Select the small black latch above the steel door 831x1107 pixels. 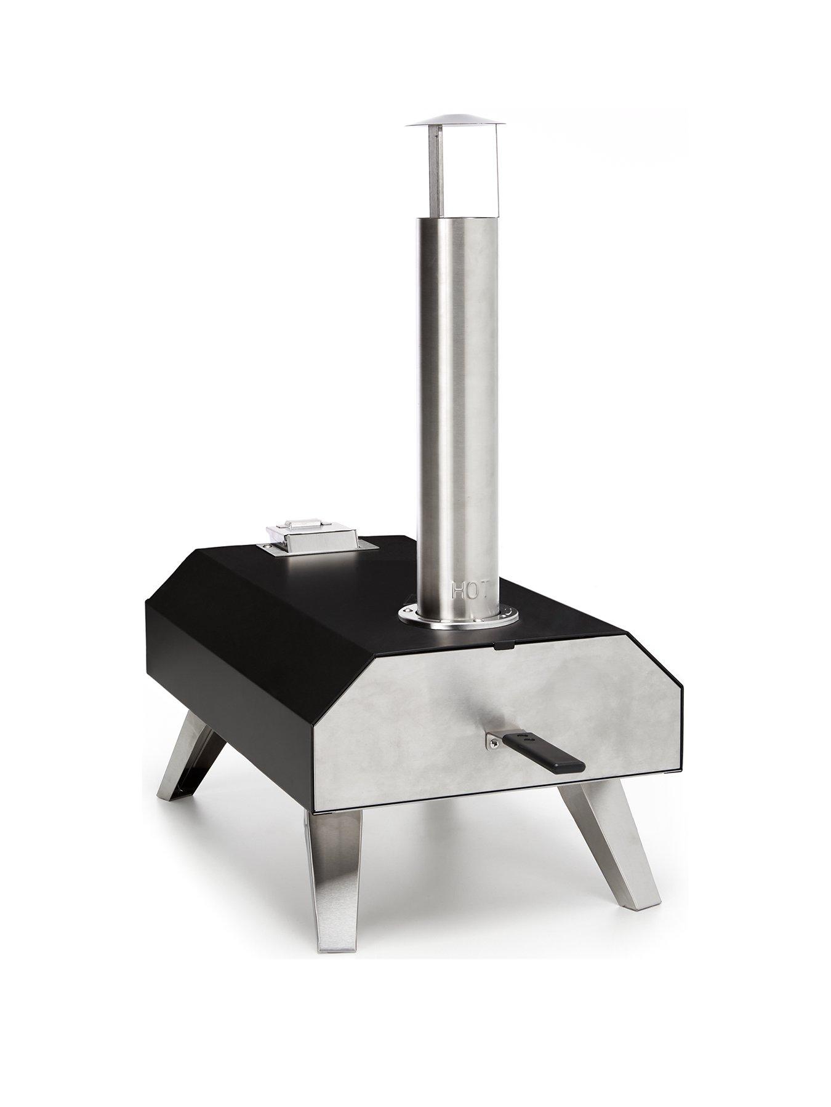(x=505, y=645)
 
